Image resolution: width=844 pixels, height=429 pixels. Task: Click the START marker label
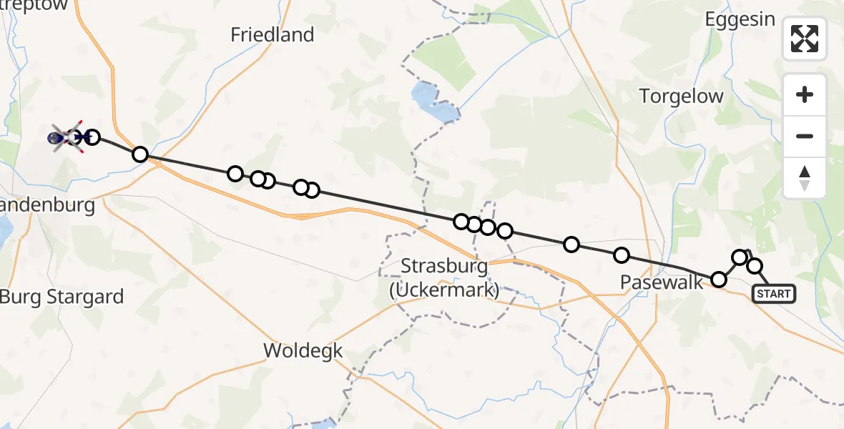(773, 294)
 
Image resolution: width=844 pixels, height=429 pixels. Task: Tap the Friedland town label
(273, 34)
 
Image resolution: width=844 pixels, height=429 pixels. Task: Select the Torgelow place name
(681, 97)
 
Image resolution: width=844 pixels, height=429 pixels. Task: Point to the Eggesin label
(740, 19)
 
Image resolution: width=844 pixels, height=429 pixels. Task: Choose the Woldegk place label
(303, 351)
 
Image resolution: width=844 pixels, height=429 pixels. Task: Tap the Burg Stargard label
(62, 297)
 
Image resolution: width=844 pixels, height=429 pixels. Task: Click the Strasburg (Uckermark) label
(444, 277)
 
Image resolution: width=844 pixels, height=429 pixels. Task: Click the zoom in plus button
(805, 95)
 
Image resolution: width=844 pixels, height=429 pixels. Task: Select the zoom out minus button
(805, 136)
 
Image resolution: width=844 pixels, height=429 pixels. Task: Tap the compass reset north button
(805, 177)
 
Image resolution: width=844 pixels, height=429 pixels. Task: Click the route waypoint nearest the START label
(755, 267)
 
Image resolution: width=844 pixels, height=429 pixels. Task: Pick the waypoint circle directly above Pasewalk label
(622, 255)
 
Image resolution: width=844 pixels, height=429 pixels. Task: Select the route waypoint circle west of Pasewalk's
(571, 245)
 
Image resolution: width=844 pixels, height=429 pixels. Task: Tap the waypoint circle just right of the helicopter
(92, 137)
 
